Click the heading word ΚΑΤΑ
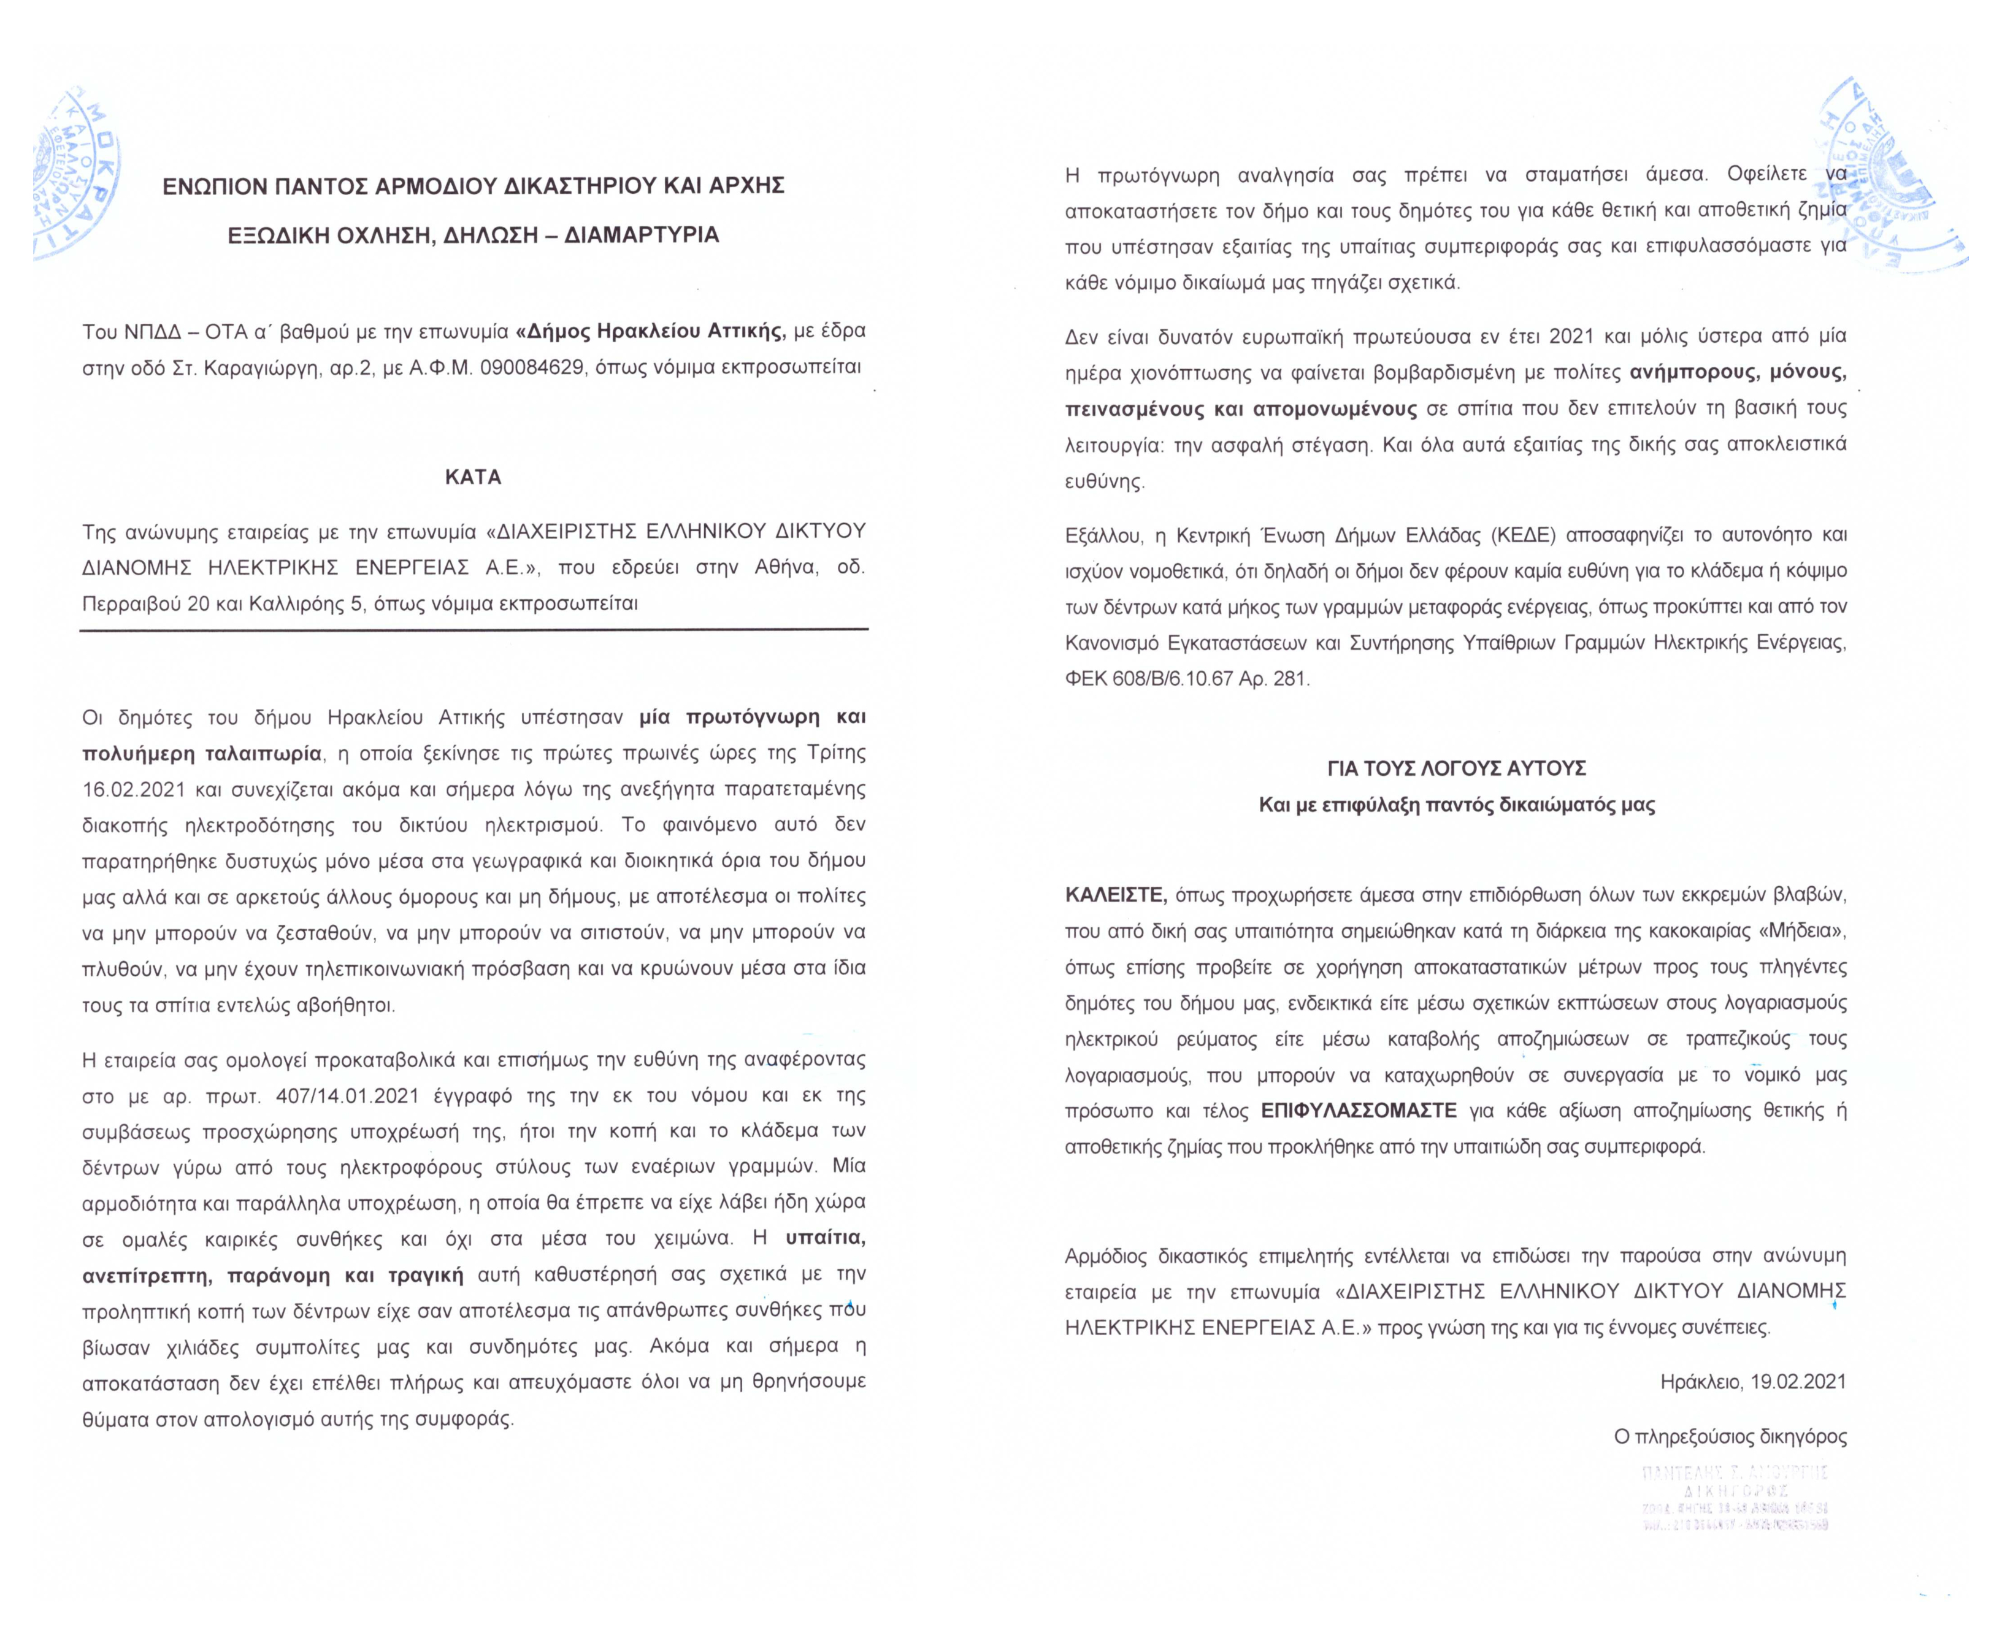coord(474,477)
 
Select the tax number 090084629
coord(532,367)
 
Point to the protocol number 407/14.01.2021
coord(347,1096)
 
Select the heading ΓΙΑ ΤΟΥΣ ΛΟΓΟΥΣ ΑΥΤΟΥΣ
coord(1457,768)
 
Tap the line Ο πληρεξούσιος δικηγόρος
coord(1730,1437)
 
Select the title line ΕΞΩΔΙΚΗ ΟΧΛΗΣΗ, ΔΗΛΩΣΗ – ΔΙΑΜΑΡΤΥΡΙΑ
coord(474,235)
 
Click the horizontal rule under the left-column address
coord(474,629)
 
